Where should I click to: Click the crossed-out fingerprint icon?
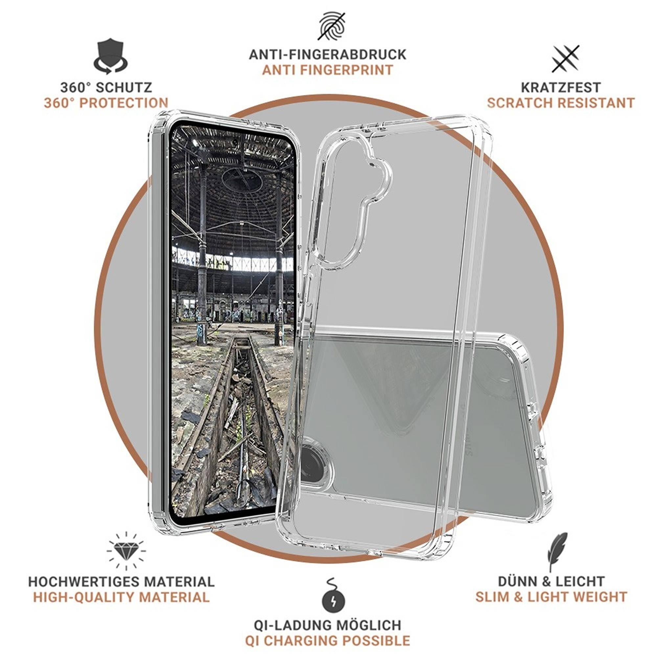tap(332, 26)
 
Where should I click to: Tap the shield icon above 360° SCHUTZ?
tap(110, 57)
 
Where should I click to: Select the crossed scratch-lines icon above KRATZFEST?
tap(565, 59)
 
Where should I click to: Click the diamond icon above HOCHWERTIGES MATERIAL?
tap(126, 551)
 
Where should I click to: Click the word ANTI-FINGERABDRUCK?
tap(328, 55)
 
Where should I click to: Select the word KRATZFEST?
tap(561, 87)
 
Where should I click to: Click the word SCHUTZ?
tap(124, 87)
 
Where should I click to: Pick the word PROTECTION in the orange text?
tap(124, 103)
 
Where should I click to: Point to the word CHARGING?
tap(302, 641)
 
